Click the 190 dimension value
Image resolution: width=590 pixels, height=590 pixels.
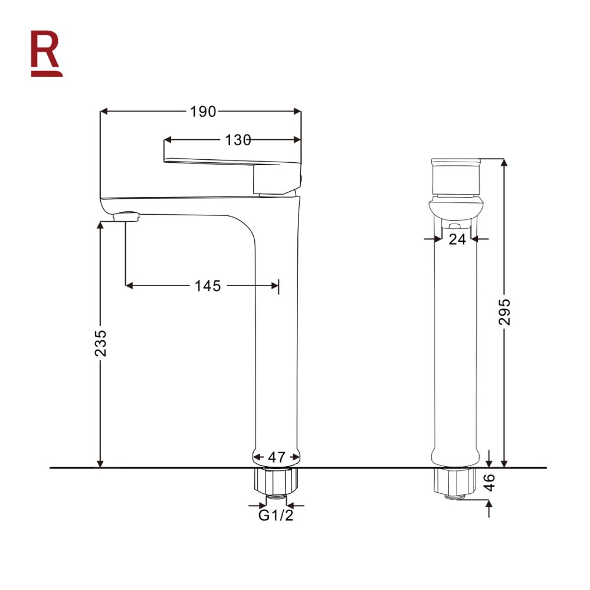203,111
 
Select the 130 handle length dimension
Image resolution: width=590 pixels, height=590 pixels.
237,140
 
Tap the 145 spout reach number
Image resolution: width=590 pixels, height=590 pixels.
208,286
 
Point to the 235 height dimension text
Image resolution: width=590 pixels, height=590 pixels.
101,343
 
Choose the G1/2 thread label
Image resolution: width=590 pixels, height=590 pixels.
276,516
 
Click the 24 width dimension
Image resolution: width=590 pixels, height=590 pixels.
457,239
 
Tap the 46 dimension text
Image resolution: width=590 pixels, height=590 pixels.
489,482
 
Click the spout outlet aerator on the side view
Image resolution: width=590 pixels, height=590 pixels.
126,218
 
